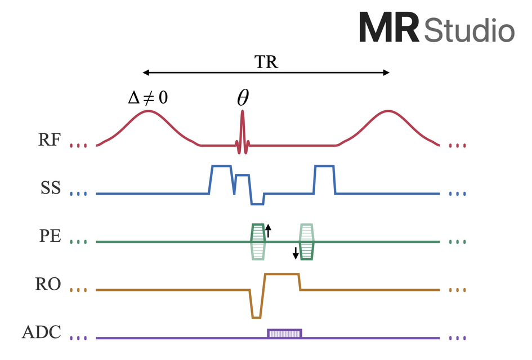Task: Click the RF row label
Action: [x=50, y=139]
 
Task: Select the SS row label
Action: [x=51, y=188]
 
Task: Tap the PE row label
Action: [x=50, y=236]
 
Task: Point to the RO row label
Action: [x=48, y=284]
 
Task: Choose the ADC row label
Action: [x=42, y=332]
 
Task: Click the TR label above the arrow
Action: [x=266, y=62]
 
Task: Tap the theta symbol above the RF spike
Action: [x=243, y=98]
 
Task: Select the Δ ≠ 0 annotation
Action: [x=148, y=98]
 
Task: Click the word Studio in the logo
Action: [x=470, y=30]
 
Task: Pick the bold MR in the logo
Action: [x=389, y=27]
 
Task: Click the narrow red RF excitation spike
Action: [x=242, y=132]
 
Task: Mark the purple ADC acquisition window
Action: [x=285, y=334]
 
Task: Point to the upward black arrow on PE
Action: [x=268, y=231]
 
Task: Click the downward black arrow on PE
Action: [x=296, y=253]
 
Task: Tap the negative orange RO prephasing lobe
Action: [x=257, y=304]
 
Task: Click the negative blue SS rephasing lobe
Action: [x=257, y=199]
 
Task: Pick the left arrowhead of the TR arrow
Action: [x=146, y=72]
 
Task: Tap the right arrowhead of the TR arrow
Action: [x=386, y=72]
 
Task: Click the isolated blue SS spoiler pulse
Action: [x=324, y=179]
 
